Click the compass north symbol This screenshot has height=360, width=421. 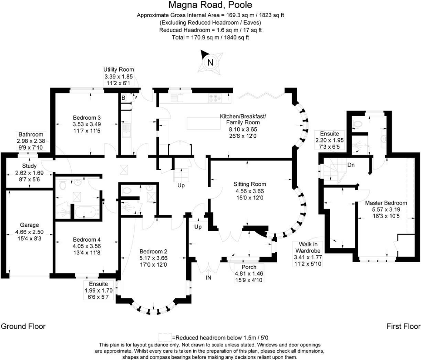click(x=210, y=63)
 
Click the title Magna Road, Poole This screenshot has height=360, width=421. click(x=210, y=5)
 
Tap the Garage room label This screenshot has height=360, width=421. click(x=29, y=225)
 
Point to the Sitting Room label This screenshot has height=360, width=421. click(x=250, y=184)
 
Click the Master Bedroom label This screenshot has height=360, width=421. click(x=386, y=203)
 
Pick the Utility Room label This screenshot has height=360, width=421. click(x=118, y=69)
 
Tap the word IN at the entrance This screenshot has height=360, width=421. click(x=208, y=277)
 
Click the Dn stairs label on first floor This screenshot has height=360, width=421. click(x=351, y=165)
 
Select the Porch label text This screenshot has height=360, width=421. click(x=249, y=267)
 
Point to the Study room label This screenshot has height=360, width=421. click(x=29, y=166)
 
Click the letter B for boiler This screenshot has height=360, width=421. click(x=123, y=97)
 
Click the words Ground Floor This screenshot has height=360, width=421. click(x=23, y=326)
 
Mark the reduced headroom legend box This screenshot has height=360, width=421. click(x=165, y=337)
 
